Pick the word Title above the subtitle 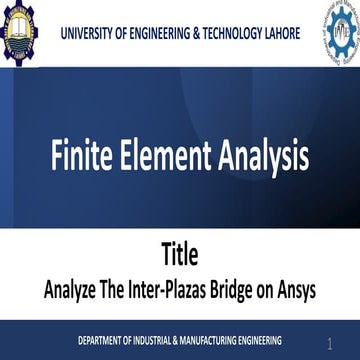[x=179, y=252]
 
